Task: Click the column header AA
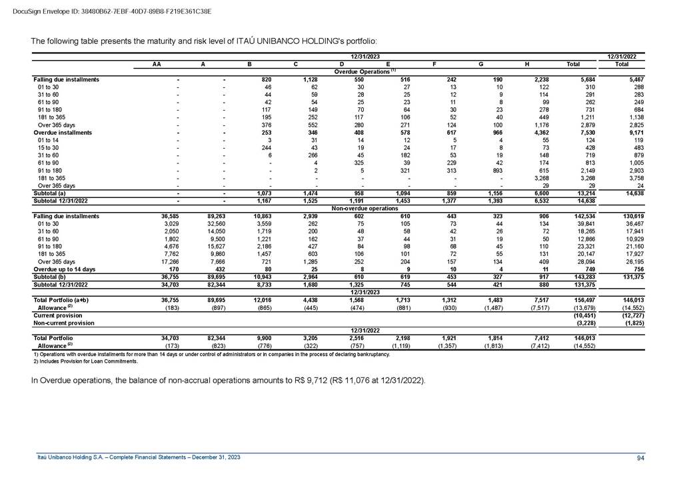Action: [x=156, y=64]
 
